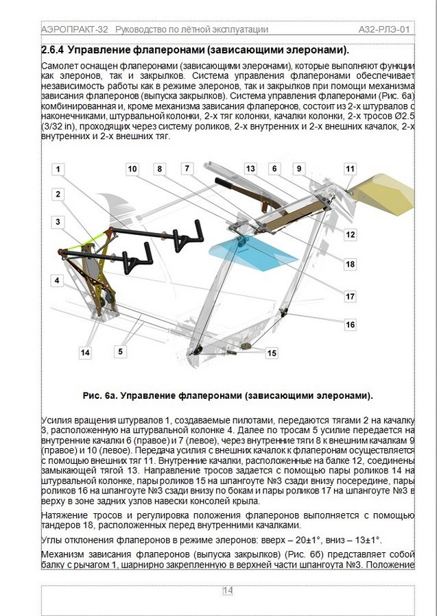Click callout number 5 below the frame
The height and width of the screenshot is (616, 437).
point(120,352)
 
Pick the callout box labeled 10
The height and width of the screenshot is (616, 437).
point(132,169)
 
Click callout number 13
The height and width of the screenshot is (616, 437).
point(250,169)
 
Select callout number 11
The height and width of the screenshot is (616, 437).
point(351,169)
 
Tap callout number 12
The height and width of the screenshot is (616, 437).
point(350,234)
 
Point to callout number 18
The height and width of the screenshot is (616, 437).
point(350,264)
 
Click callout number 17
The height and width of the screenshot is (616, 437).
point(350,297)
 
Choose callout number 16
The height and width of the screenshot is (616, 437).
point(350,325)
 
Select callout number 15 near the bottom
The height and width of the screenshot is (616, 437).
point(272,353)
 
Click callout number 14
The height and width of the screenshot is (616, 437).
point(85,353)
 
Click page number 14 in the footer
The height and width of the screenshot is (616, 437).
point(228,591)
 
